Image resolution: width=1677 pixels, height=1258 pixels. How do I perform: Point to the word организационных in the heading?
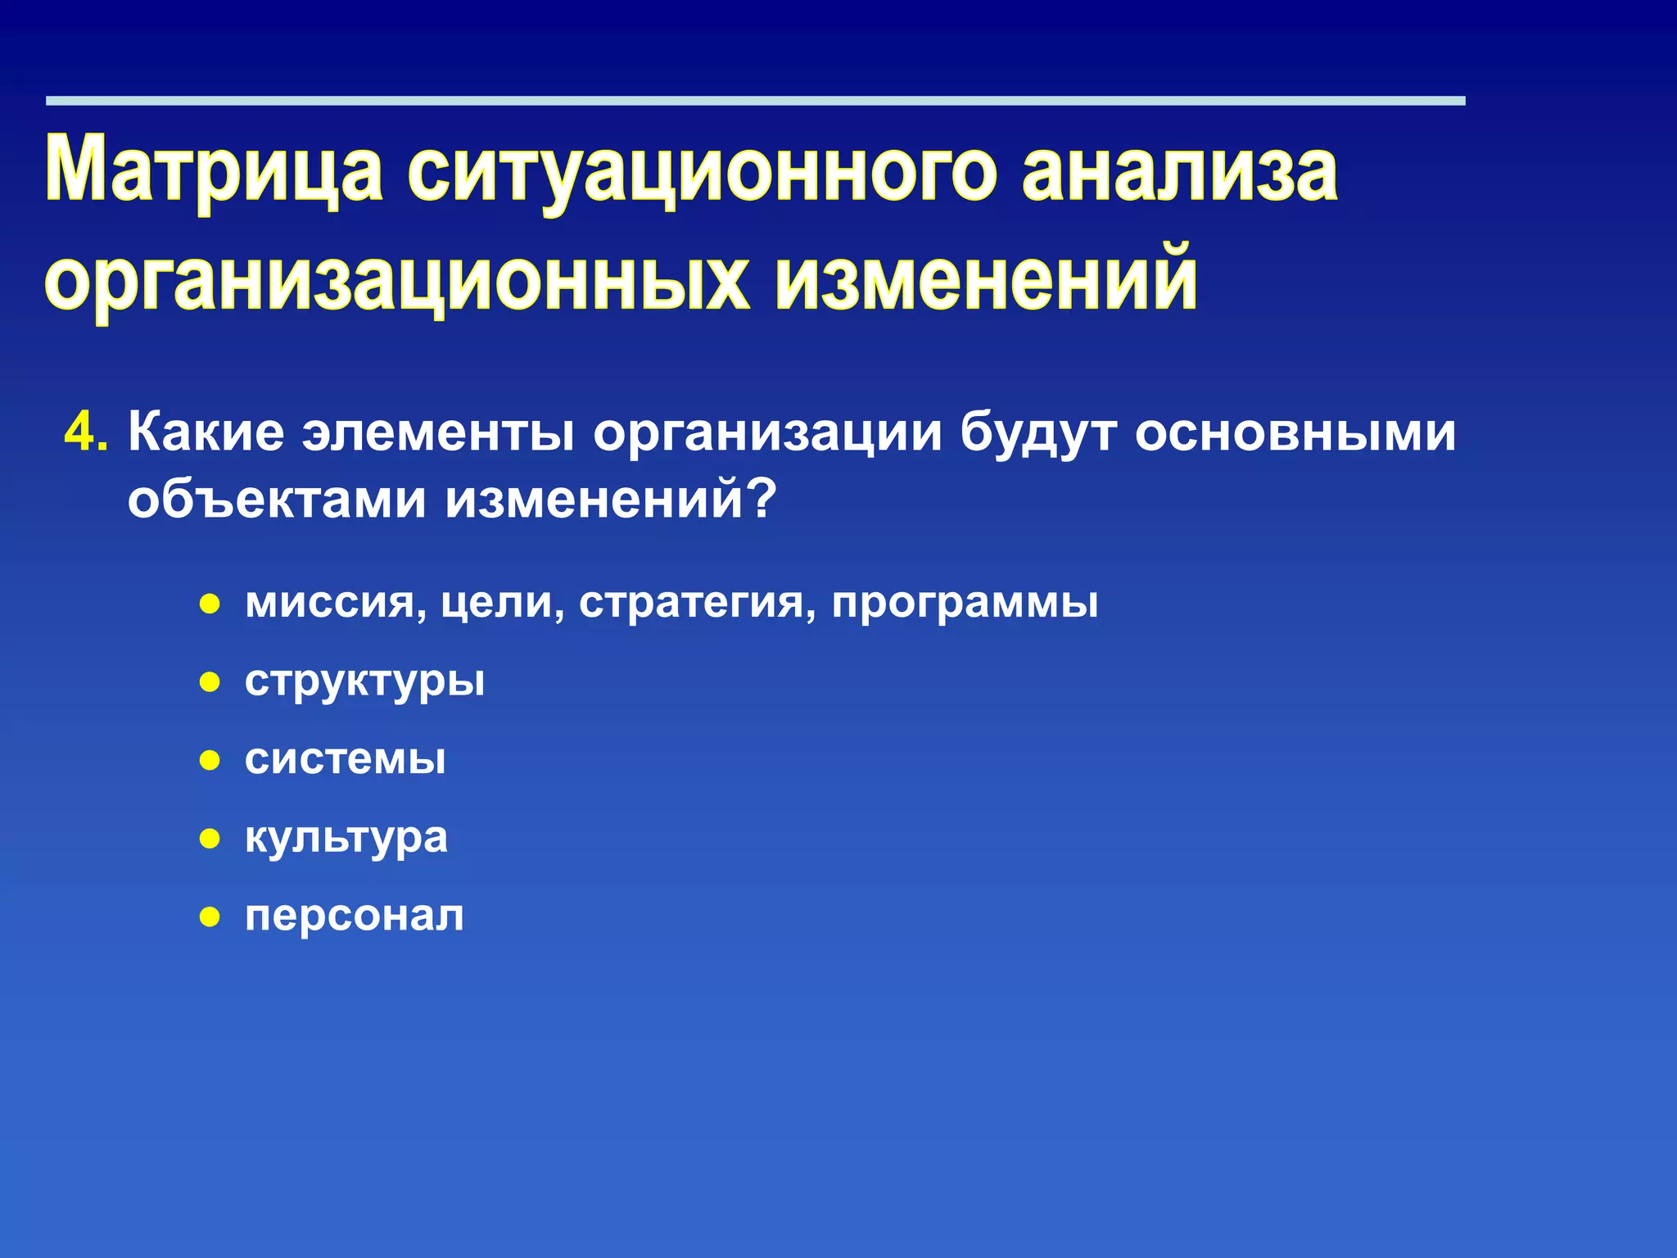(397, 280)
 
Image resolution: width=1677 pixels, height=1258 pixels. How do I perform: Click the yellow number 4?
(85, 432)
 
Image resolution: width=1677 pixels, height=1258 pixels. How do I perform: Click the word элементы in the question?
(438, 432)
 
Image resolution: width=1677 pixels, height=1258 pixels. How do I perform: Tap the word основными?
(1295, 432)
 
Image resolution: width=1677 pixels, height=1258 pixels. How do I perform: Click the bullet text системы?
(345, 758)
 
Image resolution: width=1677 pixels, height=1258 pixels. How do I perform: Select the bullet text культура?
(346, 837)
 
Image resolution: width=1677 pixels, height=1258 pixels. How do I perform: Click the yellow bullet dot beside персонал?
(210, 916)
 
